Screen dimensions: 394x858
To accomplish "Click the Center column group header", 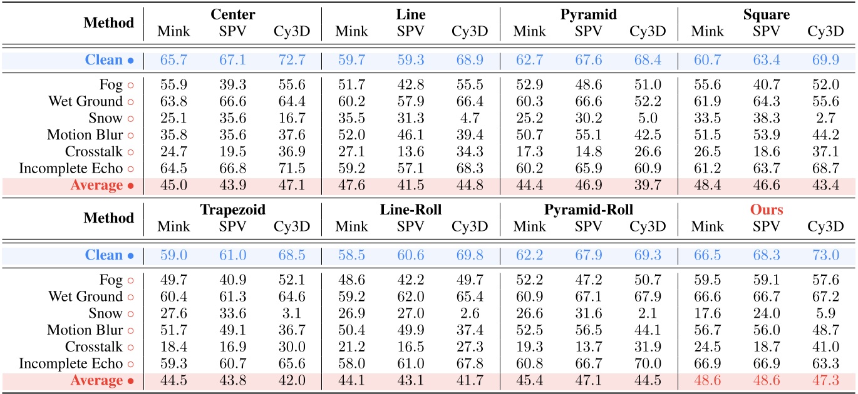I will (x=232, y=14).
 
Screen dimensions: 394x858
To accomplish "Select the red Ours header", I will (x=767, y=210).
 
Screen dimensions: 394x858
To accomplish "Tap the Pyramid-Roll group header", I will (x=588, y=210).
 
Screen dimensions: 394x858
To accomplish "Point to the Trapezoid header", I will (x=232, y=210).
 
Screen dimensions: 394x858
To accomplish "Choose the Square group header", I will (x=767, y=14).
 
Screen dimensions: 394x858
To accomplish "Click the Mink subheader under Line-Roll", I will (x=351, y=226).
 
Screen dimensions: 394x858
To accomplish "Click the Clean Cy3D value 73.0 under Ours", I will (x=825, y=255).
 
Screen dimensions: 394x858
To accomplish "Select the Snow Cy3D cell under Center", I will (x=291, y=118).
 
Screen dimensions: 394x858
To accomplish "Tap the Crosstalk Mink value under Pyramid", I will (x=529, y=151).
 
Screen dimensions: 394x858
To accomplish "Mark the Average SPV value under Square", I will (x=767, y=185).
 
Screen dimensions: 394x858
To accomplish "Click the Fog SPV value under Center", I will (x=232, y=84).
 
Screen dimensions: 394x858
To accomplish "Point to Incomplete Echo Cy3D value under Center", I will (x=291, y=168).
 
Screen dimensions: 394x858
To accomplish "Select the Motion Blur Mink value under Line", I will (x=351, y=134).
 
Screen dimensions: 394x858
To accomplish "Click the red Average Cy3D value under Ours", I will (x=825, y=380).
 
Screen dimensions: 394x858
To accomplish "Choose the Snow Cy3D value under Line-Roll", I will (x=469, y=313).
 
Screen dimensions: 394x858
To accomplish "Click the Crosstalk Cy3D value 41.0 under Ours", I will (x=825, y=346).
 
